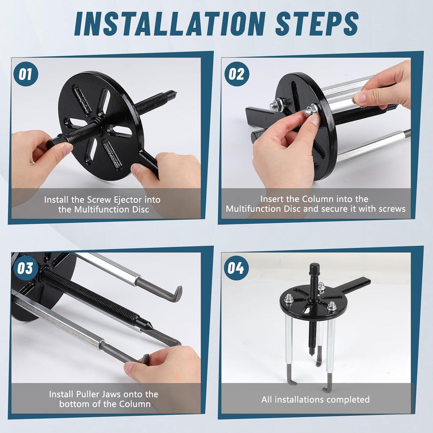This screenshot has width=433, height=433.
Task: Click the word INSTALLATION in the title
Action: (x=170, y=24)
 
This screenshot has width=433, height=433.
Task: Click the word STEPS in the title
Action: (x=317, y=24)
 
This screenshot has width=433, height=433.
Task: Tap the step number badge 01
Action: (x=26, y=74)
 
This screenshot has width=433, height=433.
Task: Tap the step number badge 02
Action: (x=237, y=74)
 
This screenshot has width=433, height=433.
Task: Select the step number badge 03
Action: (x=26, y=268)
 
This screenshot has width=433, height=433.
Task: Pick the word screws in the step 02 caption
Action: (x=391, y=209)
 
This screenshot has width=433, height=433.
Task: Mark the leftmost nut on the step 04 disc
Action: (x=289, y=298)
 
